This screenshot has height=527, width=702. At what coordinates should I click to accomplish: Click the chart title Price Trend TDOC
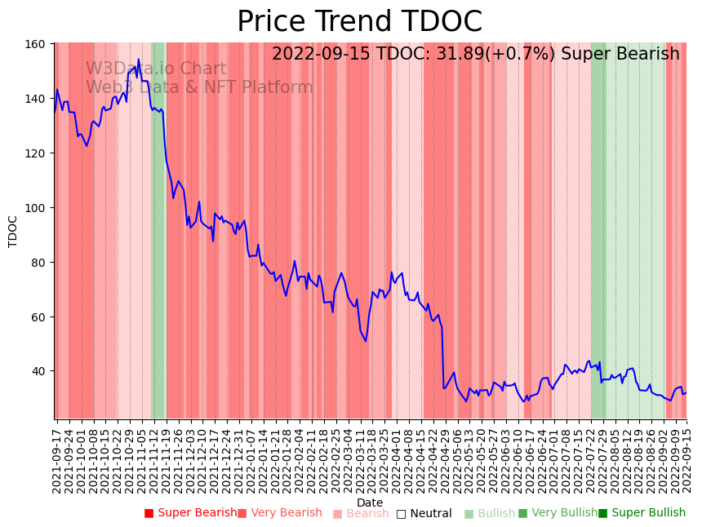359,22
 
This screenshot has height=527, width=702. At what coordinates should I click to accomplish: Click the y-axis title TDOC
13,231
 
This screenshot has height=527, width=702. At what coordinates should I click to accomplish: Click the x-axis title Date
370,503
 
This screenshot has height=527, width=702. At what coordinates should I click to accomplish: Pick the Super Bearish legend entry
190,513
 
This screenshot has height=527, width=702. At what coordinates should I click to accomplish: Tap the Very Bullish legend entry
558,513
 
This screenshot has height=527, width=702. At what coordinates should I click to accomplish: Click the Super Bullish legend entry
642,513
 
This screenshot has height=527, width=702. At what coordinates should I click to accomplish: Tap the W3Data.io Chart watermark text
156,69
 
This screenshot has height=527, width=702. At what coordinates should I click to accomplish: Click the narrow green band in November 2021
158,228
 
